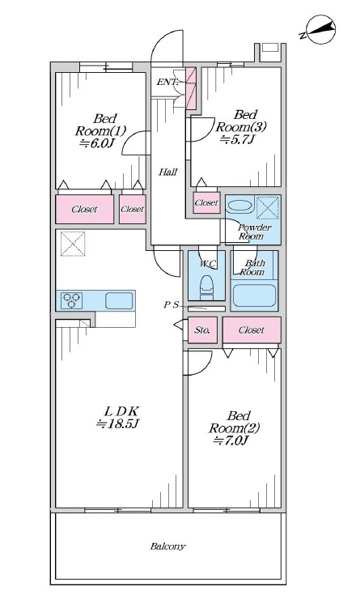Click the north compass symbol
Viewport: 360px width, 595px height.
tap(320, 30)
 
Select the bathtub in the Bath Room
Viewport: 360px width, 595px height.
tap(254, 295)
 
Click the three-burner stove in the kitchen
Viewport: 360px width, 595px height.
tap(72, 300)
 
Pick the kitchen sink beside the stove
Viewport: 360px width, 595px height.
tap(119, 300)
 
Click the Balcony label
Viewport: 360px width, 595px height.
tap(167, 546)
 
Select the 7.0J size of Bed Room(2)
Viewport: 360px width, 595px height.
tap(232, 440)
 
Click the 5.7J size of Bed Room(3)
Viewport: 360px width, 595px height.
tap(237, 139)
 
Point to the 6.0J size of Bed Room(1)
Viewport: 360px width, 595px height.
tap(97, 143)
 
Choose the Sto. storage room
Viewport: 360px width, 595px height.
tap(202, 330)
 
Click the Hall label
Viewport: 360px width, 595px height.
tap(167, 172)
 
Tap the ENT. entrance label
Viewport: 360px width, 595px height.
tap(167, 82)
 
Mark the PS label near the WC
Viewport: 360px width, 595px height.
tap(171, 304)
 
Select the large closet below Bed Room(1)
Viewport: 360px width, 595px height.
tap(85, 209)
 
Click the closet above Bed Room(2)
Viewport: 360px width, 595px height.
tap(252, 330)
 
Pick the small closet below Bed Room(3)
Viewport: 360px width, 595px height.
tap(207, 202)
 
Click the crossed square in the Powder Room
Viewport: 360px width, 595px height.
tap(269, 207)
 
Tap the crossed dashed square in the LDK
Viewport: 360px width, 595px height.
tap(73, 244)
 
